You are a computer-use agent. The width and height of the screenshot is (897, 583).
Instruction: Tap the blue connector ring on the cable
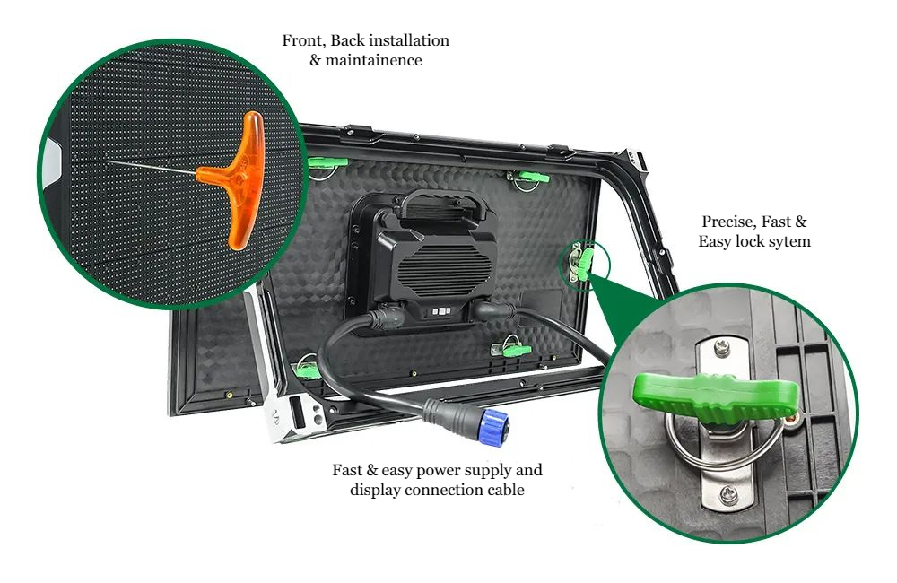point(493,426)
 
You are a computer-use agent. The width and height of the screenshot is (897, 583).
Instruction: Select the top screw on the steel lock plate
point(722,347)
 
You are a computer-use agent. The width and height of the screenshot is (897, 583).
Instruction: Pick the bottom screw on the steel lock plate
point(728,494)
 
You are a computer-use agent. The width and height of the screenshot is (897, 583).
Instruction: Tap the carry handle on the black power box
point(440,201)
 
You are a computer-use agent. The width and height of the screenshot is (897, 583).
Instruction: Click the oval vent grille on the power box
point(446,268)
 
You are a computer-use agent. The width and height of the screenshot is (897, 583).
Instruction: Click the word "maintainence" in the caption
point(373,61)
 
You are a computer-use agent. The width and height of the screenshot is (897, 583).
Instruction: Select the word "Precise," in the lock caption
point(727,222)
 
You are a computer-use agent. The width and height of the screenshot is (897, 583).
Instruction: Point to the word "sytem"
point(788,242)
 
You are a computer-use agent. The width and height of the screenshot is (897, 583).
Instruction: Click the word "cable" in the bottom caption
point(505,490)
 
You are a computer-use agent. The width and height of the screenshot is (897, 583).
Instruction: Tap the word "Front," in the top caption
point(304,41)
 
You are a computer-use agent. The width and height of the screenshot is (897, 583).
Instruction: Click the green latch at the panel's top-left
point(327,162)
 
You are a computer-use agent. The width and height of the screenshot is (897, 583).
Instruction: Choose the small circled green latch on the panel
point(584,263)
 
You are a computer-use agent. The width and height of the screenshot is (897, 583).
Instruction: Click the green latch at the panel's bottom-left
point(308,370)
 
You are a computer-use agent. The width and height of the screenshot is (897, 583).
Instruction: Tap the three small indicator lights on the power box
point(441,311)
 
